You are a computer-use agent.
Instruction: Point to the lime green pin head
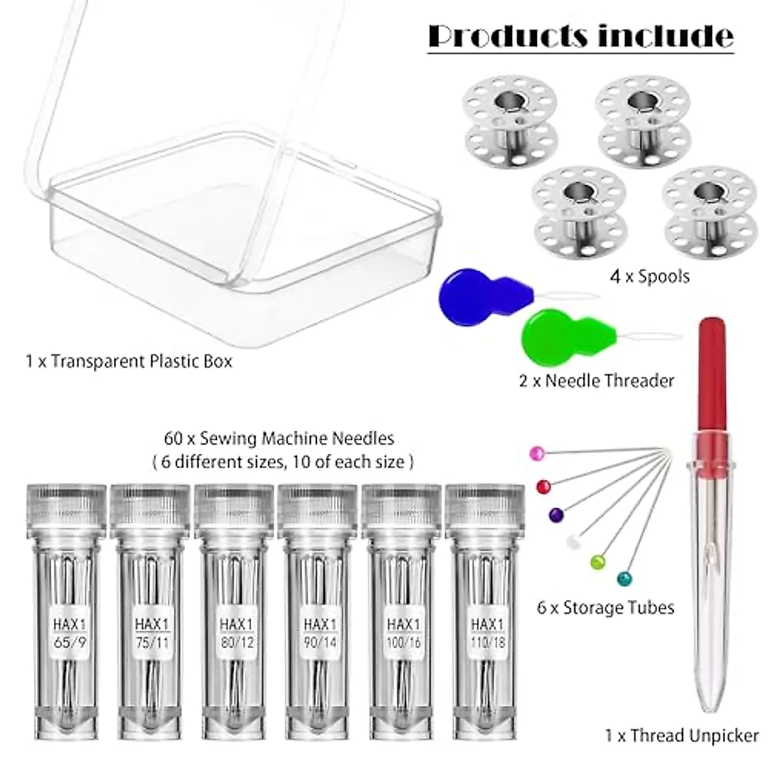point(597,561)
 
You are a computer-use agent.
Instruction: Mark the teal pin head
point(623,579)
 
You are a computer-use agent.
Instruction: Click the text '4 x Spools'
point(649,277)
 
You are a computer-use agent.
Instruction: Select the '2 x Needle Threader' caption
point(596,381)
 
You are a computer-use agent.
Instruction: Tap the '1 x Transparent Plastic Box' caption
point(128,361)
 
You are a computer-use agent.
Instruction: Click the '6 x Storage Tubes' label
point(606,607)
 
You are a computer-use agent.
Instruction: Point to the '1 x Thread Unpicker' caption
point(681,736)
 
